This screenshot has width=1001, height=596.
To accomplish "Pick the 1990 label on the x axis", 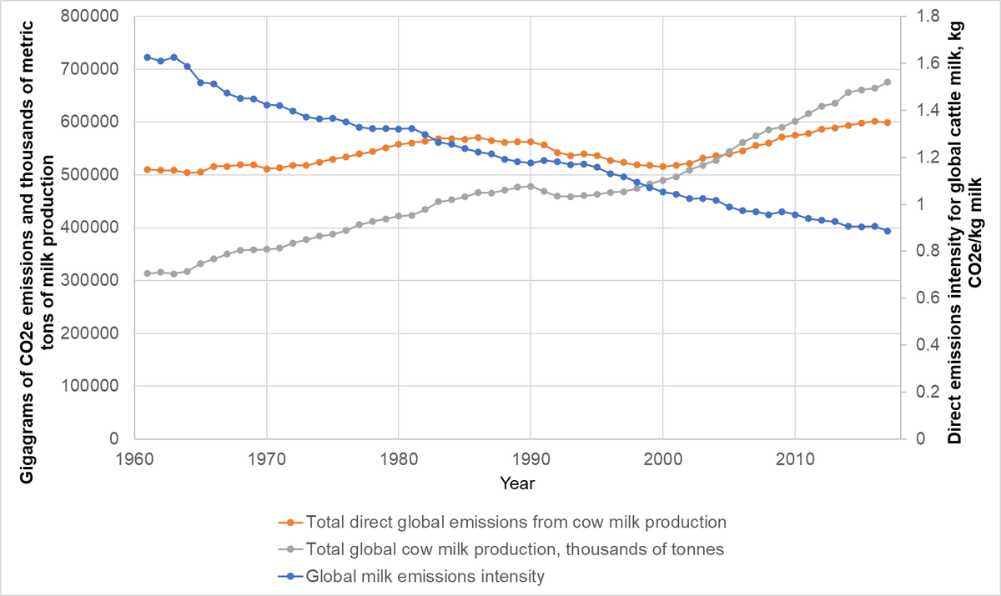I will tap(531, 457).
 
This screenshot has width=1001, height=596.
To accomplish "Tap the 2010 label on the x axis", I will tap(795, 457).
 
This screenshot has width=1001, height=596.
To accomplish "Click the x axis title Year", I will tap(517, 483).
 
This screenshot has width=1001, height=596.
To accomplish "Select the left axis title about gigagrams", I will tap(38, 227).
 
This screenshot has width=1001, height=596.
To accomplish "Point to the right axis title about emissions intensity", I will tap(968, 227).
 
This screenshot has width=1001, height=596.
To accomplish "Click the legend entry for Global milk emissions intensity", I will tap(425, 575).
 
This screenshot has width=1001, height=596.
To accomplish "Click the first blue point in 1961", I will tap(148, 58).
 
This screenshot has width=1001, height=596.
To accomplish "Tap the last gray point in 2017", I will tap(888, 83).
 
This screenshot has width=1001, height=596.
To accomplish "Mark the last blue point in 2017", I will tap(888, 231).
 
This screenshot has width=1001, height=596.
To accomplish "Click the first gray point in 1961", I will tap(148, 273).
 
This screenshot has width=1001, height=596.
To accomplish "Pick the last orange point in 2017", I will tap(888, 123).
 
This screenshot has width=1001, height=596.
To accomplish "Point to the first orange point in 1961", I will tap(148, 169).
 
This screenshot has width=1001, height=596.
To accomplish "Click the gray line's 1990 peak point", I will tap(531, 187).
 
